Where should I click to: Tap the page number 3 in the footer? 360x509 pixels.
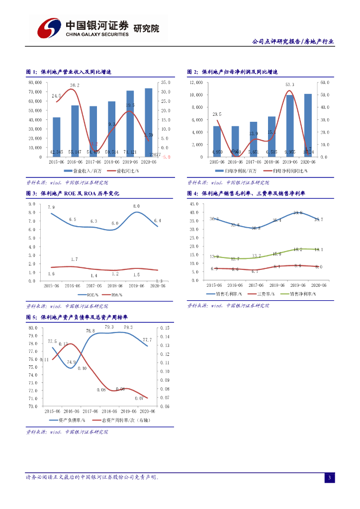329,478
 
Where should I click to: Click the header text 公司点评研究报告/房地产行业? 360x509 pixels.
293,42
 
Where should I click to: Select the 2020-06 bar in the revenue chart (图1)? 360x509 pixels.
148,122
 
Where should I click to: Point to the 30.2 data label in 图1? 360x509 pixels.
75,85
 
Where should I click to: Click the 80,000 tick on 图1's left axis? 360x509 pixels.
35,83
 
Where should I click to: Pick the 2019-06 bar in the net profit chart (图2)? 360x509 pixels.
290,126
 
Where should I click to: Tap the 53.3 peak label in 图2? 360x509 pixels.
290,85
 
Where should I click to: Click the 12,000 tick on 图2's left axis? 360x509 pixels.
196,83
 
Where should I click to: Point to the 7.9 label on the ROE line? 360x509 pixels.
51,207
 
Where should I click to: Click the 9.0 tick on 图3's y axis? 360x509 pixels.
32,204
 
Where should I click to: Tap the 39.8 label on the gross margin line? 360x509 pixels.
298,213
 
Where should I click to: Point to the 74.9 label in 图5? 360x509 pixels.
72,362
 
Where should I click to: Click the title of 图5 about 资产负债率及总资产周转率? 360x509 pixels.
77,317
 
